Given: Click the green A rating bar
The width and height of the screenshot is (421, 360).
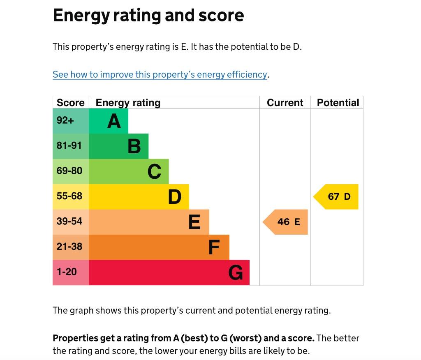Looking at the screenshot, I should [109, 121].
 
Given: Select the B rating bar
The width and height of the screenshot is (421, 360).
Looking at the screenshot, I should [118, 146].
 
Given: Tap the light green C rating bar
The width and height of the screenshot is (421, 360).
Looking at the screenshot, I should [129, 171].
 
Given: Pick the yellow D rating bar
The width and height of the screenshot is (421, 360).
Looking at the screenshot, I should [139, 197].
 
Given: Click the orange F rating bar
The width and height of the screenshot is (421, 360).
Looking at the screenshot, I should [159, 247].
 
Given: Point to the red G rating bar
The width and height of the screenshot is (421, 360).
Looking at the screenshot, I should [169, 272].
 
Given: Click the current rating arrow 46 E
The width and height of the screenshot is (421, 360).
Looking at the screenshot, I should [286, 222].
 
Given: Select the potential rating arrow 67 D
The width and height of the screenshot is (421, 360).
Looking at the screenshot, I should [336, 196].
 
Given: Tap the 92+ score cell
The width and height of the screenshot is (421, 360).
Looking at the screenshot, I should [71, 121].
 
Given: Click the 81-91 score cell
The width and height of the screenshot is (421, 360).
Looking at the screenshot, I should [71, 146].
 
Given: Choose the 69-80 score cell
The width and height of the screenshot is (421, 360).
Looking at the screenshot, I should [71, 171].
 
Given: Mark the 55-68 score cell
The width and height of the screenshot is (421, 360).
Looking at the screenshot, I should [71, 196].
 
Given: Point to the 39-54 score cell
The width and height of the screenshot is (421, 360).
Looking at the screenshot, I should [71, 222].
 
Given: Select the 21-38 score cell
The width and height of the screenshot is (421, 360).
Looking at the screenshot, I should [71, 247].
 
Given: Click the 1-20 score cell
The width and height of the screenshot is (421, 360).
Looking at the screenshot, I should [71, 272].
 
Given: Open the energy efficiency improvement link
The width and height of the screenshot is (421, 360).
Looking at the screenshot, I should [160, 74].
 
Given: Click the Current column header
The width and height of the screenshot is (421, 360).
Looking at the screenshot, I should [285, 102].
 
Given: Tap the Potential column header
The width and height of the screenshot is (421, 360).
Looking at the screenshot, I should [338, 102].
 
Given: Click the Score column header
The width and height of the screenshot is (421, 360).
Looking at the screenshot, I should [71, 102].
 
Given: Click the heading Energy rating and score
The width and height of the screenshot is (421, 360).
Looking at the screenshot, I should [148, 16].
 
